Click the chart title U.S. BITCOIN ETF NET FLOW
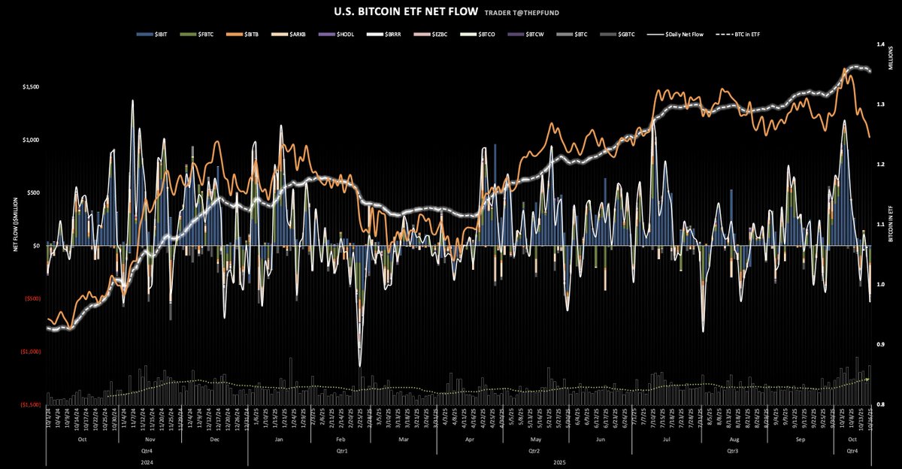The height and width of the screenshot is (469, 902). coord(395,12)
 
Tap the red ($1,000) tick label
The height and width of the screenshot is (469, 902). coord(31,352)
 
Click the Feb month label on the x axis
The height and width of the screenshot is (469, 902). coord(340,438)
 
